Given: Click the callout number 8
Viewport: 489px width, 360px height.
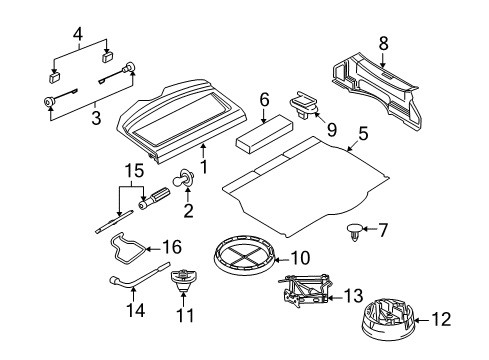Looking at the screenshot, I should pyautogui.click(x=383, y=43).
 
